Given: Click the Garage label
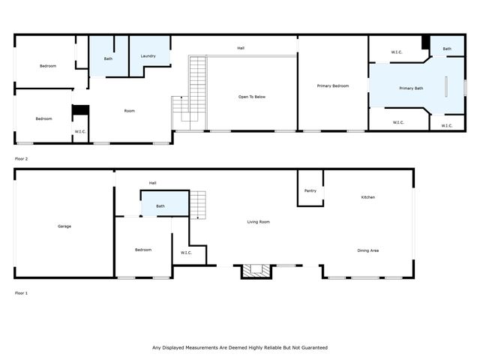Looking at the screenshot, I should (64, 226).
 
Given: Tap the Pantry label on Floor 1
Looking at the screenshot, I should (310, 190).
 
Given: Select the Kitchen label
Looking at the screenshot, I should (367, 197).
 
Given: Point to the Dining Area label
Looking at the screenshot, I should (367, 250).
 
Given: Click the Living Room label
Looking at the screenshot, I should (259, 222).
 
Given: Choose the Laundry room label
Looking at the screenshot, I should (148, 56).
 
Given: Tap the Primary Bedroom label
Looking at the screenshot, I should (333, 86).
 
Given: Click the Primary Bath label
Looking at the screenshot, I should (411, 88).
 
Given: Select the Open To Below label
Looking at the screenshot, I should (252, 97).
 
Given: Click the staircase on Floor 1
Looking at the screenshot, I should (197, 204).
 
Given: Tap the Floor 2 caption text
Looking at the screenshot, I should (21, 159).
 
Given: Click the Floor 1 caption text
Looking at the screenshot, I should (21, 292).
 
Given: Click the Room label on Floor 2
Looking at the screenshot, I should (129, 111).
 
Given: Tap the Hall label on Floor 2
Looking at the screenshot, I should (241, 48).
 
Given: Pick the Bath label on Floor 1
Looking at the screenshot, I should (160, 206).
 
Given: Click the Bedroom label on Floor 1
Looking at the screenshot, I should (143, 250).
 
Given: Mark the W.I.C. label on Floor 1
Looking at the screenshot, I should (187, 252).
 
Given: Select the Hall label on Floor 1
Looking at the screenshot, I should (152, 183).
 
